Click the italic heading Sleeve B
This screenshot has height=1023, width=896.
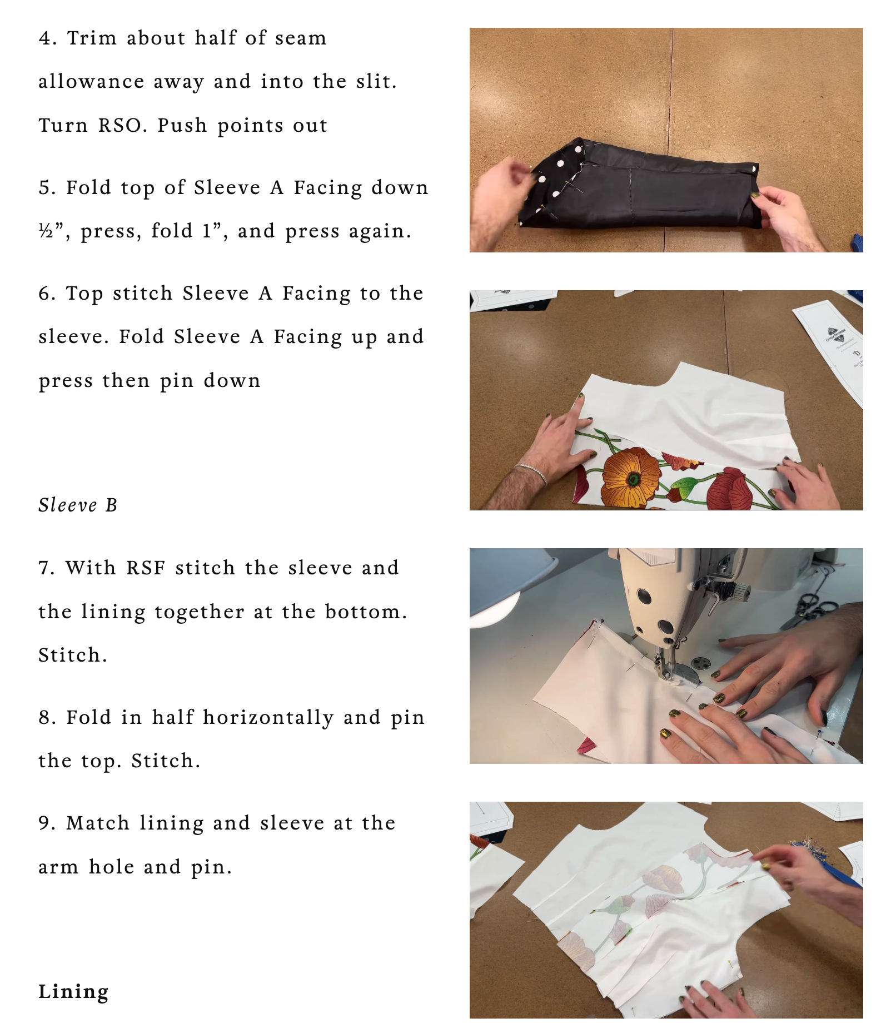[78, 505]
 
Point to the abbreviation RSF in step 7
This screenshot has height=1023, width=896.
[146, 568]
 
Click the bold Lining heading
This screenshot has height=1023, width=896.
[73, 992]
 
